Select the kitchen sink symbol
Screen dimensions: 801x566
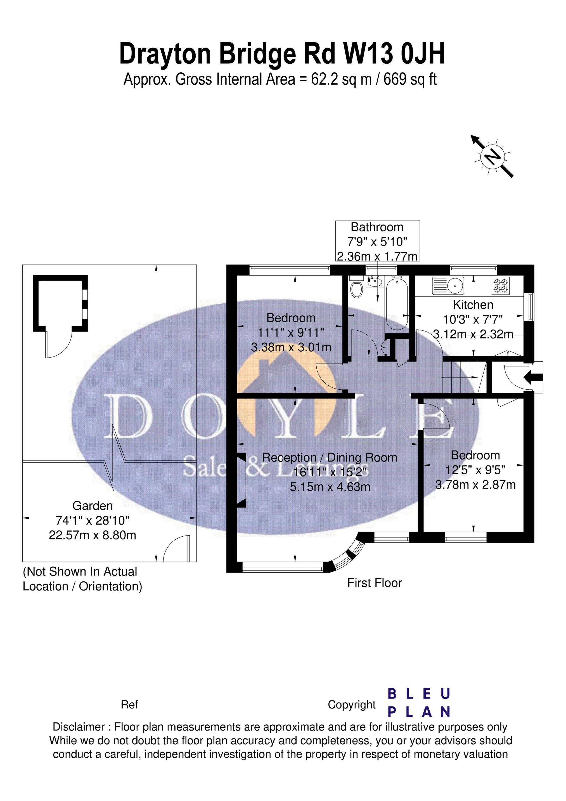click(448, 285)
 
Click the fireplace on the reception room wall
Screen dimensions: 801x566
click(241, 480)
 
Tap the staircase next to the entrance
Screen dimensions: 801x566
click(460, 377)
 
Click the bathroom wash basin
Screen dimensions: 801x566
click(374, 281)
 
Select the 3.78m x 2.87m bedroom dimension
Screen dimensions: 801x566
click(475, 485)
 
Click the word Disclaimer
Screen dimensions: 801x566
click(79, 727)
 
